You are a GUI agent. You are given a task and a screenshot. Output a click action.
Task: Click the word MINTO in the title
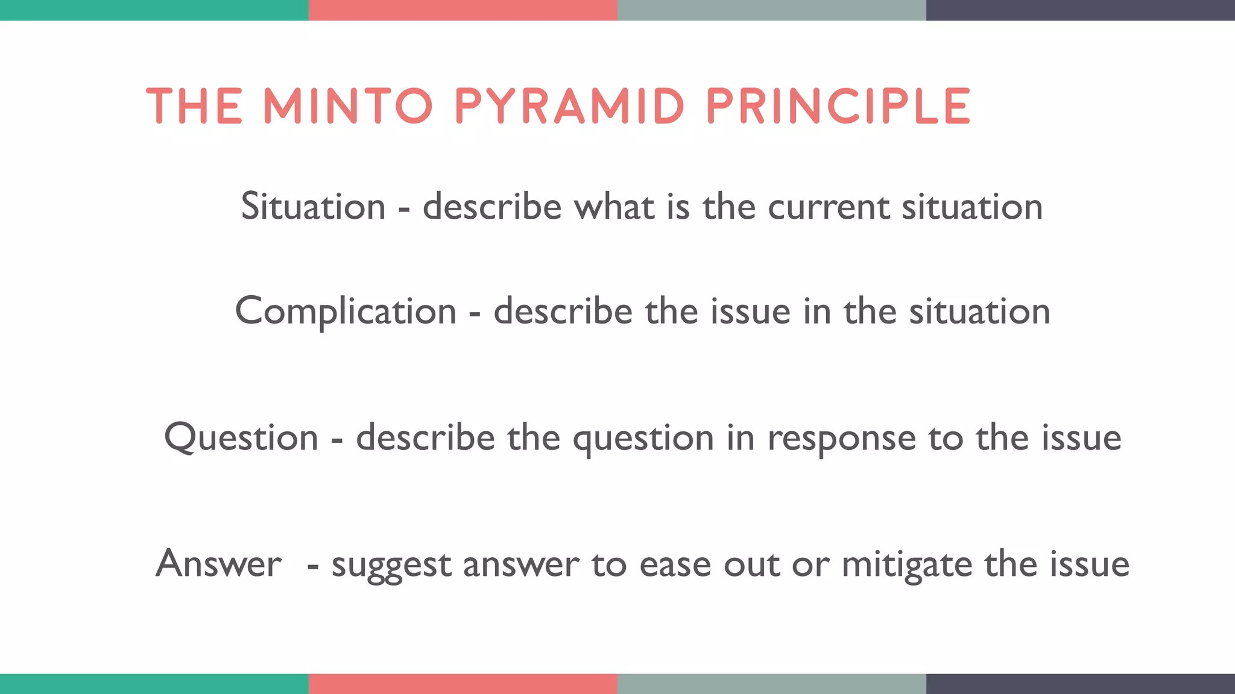348,106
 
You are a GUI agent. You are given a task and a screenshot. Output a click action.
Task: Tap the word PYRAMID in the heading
569,106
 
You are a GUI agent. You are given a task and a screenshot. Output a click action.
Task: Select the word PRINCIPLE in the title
838,106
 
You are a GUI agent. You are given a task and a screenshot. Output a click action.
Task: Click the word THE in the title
194,106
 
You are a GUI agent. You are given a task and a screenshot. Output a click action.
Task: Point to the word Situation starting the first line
313,206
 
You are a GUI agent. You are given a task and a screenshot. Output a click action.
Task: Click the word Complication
346,311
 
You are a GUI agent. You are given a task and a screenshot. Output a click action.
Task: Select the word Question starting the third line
241,438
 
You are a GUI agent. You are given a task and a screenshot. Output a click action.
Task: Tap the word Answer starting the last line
218,564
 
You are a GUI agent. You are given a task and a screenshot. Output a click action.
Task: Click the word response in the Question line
841,439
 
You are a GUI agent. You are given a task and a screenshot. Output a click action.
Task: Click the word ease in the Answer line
675,565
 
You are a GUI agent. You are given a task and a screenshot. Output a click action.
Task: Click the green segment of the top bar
154,10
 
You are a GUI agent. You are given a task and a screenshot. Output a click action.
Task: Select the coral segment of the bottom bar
463,684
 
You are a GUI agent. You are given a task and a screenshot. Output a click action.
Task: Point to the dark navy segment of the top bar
1080,10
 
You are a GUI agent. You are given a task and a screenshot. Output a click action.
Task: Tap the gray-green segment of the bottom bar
771,684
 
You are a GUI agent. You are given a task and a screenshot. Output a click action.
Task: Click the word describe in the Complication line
563,311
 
